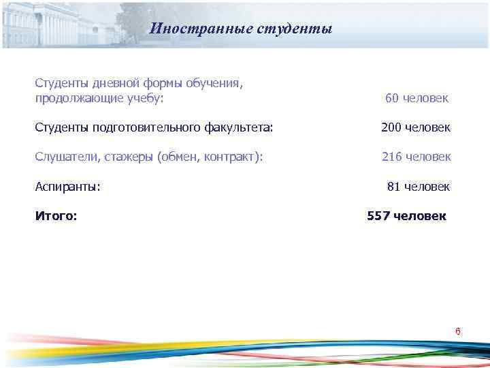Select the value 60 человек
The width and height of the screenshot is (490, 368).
[416, 98]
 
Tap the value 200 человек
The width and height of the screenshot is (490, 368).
[415, 127]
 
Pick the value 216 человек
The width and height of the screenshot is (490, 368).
[416, 157]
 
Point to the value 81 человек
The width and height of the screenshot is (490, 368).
[418, 187]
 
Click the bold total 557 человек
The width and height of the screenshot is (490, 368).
[407, 216]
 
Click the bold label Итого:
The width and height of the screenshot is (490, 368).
[56, 216]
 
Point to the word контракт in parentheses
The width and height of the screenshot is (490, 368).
[231, 157]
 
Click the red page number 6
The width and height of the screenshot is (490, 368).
[458, 332]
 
